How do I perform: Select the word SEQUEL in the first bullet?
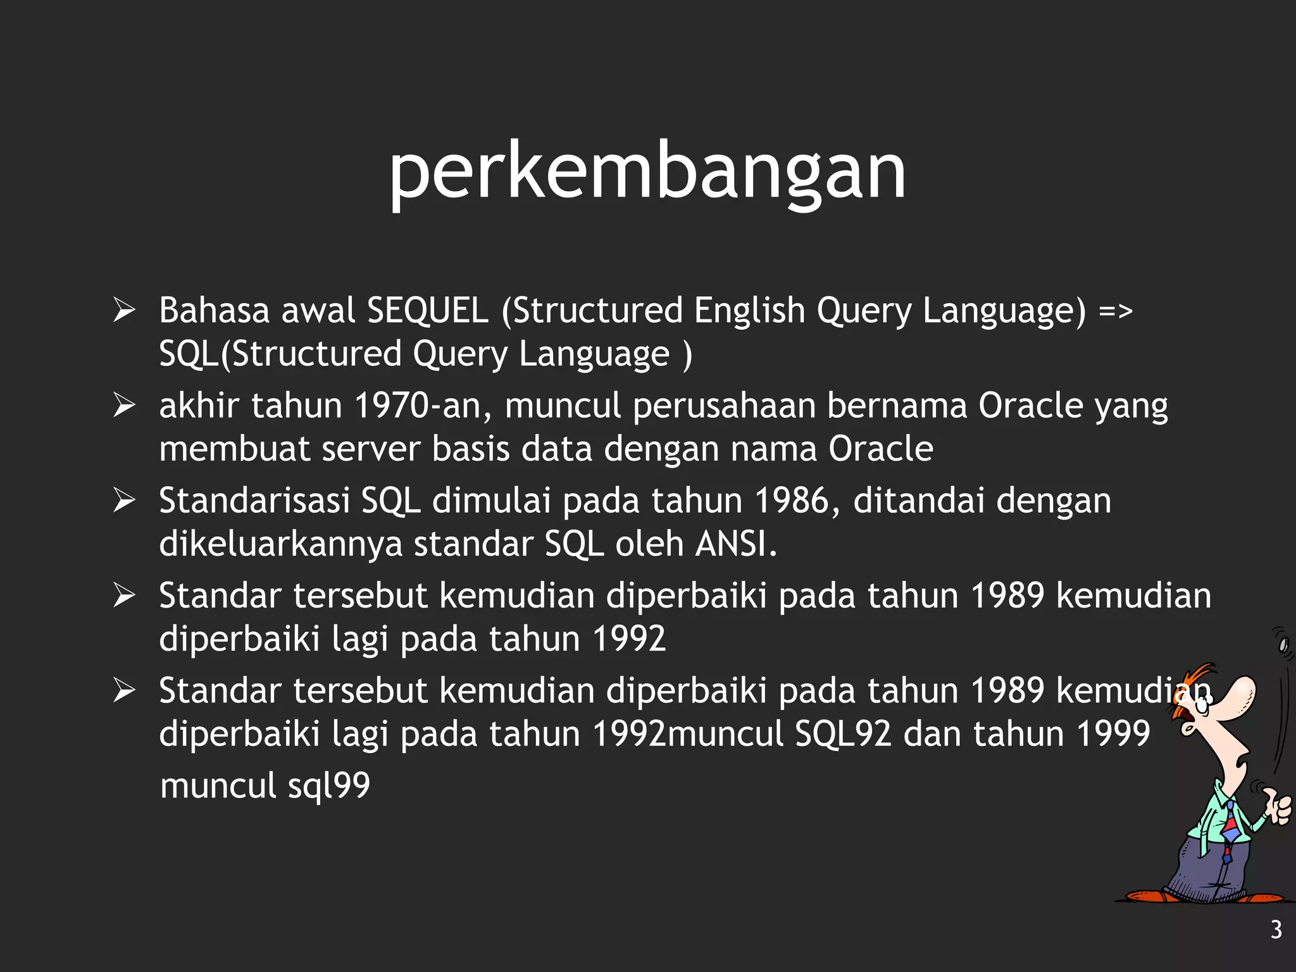coord(428,311)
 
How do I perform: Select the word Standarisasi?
coord(254,501)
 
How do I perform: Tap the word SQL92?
coord(843,734)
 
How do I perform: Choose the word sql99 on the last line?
coord(329,786)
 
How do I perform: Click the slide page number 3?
coord(1276,930)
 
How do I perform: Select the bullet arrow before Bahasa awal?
coord(124,310)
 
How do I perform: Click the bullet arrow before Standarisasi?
coord(124,501)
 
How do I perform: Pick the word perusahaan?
coord(724,406)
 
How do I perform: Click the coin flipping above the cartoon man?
coord(1283,644)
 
